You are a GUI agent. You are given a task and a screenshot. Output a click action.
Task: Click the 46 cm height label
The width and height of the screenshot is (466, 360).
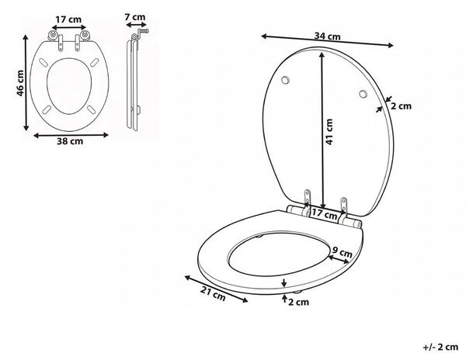pyautogui.click(x=20, y=83)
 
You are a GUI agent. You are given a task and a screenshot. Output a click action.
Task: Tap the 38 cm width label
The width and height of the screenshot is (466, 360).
pyautogui.click(x=70, y=141)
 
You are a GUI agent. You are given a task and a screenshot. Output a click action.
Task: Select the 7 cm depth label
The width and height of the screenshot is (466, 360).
pyautogui.click(x=135, y=17)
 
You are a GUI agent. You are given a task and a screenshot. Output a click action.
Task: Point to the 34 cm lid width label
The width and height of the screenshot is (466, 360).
pyautogui.click(x=327, y=36)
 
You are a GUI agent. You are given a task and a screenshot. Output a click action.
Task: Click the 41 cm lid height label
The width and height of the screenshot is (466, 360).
pyautogui.click(x=329, y=132)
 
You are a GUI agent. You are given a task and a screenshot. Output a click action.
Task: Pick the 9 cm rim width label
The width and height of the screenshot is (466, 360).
pyautogui.click(x=342, y=252)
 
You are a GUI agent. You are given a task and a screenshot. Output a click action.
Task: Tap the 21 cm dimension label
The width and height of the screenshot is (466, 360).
pyautogui.click(x=213, y=294)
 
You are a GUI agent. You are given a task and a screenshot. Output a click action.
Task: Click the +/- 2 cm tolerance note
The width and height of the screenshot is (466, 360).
pyautogui.click(x=440, y=347)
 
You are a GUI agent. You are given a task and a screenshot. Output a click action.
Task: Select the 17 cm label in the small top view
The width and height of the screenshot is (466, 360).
pyautogui.click(x=68, y=19)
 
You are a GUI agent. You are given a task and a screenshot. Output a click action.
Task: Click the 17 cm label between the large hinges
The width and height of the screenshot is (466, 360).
pyautogui.click(x=324, y=213)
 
